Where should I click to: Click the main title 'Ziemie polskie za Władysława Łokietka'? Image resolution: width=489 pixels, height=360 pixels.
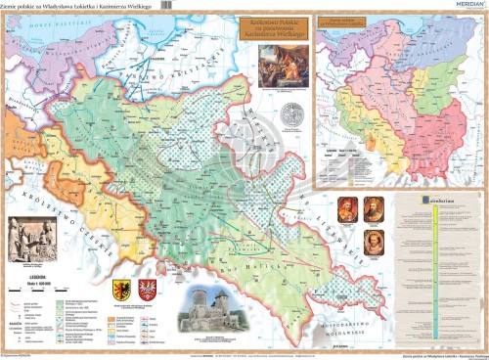[64, 8]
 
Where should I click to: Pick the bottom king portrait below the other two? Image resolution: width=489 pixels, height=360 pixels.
[361, 242]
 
